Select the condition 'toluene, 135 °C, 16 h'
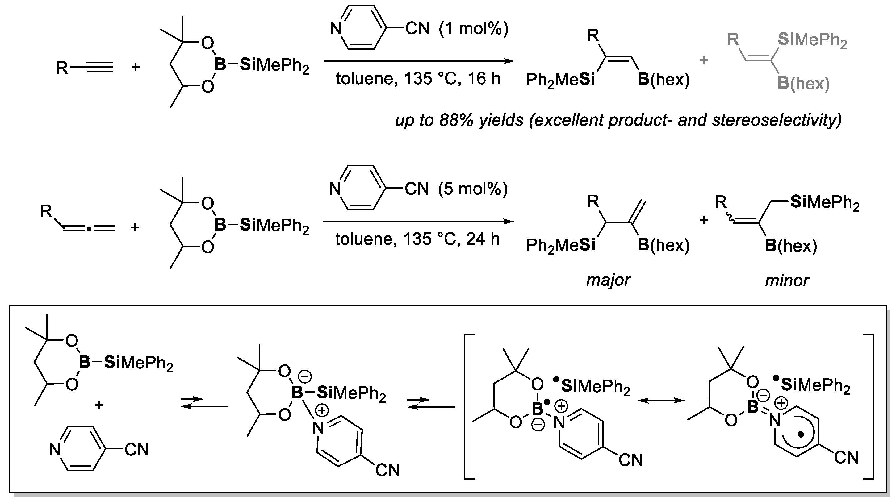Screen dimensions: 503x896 [418, 79]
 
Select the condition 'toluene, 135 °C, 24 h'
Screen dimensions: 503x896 [417, 239]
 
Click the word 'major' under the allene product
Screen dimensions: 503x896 [608, 280]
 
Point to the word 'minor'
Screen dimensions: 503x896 [787, 281]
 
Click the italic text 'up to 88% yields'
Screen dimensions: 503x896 [459, 120]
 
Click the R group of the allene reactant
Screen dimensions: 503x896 [46, 211]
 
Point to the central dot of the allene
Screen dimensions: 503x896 [90, 228]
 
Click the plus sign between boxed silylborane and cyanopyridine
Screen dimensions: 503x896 [99, 405]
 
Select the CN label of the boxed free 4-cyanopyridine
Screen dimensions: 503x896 [137, 450]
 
